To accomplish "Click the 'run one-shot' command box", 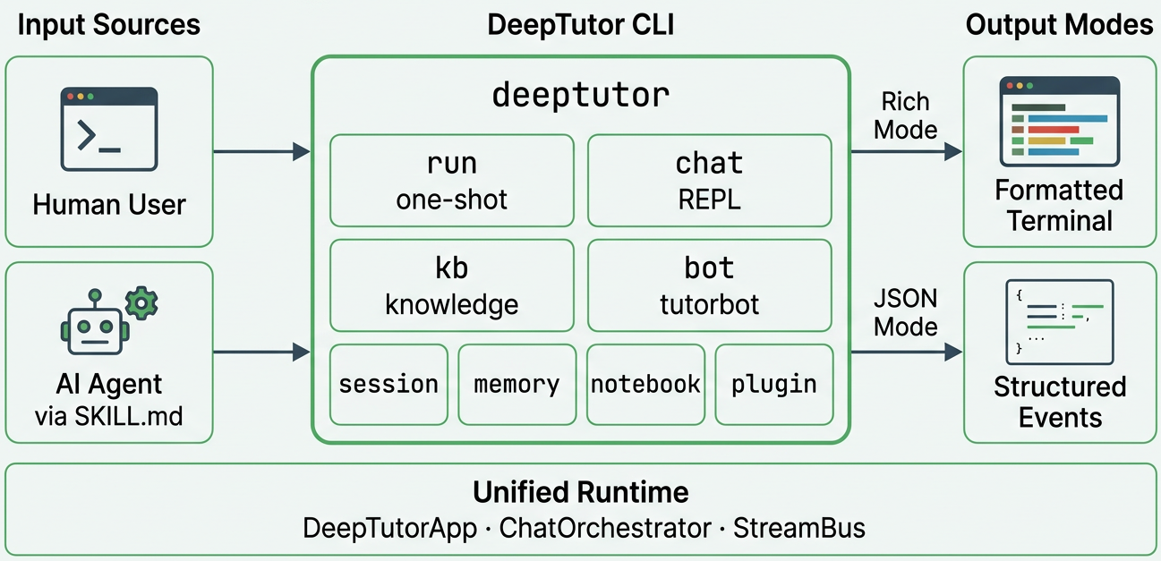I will pyautogui.click(x=451, y=181).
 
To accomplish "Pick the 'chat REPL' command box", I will pyautogui.click(x=709, y=181).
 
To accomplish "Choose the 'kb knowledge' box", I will pyautogui.click(x=451, y=285).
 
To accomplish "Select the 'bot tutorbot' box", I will pyautogui.click(x=709, y=285).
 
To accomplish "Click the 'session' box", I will pyautogui.click(x=388, y=384).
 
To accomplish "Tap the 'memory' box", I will pyautogui.click(x=516, y=384).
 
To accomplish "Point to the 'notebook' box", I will pyautogui.click(x=645, y=384).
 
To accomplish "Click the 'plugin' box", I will pyautogui.click(x=773, y=384).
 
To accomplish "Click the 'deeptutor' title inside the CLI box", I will pyautogui.click(x=580, y=95).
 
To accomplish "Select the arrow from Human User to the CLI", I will pyautogui.click(x=261, y=152).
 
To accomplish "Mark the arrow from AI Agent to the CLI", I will pyautogui.click(x=261, y=353).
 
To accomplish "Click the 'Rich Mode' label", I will pyautogui.click(x=905, y=115).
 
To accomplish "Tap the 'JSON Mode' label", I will pyautogui.click(x=905, y=312).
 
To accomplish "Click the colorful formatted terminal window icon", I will pyautogui.click(x=1059, y=122).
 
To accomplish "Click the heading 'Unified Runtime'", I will pyautogui.click(x=580, y=492).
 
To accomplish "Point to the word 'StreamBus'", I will pyautogui.click(x=798, y=528).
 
